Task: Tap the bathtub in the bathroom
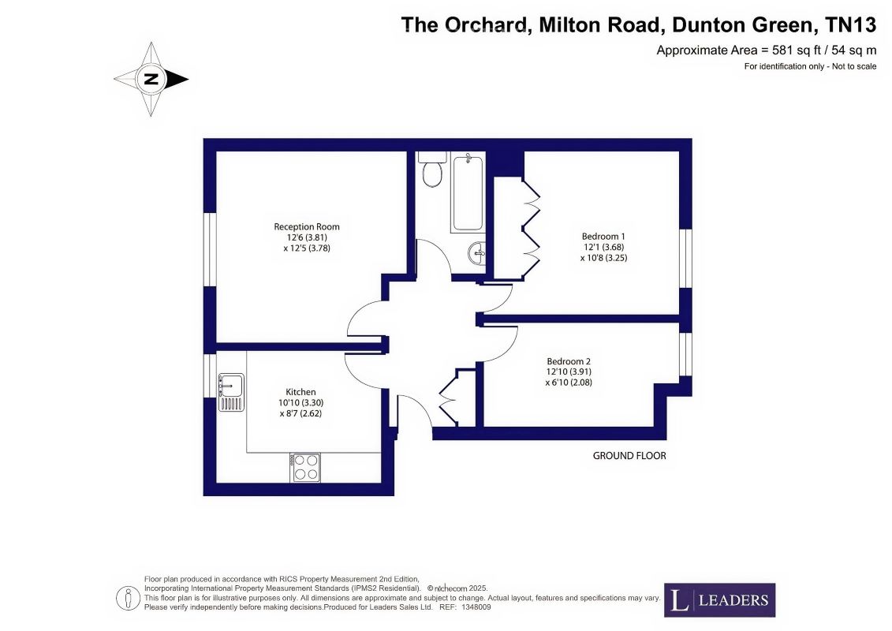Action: coord(468,192)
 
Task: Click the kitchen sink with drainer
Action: coord(232,392)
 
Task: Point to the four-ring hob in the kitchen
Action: coord(305,467)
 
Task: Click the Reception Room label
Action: coord(307,226)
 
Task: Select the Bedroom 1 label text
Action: coord(603,236)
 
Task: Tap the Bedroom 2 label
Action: coord(569,361)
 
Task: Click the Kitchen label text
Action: coord(300,392)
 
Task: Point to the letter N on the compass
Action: coord(151,79)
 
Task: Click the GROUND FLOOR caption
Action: coord(629,456)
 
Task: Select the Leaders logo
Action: coord(719,599)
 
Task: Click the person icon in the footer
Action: coord(128,599)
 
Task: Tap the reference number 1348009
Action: coord(476,607)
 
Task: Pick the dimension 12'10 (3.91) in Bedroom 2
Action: coord(569,372)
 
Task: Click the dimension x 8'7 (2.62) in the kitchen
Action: coord(301,413)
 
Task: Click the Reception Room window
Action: coord(210,249)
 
